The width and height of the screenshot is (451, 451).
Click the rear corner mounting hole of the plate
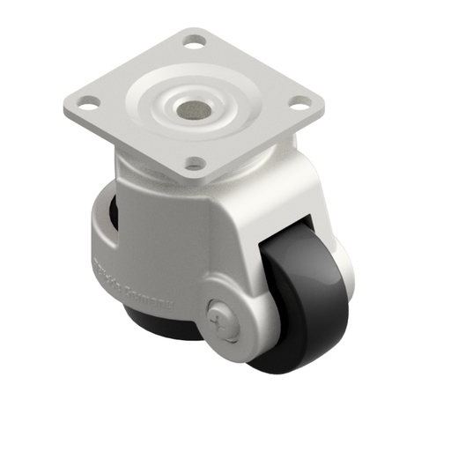(x=192, y=40)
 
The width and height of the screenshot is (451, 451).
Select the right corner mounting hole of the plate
(x=299, y=105)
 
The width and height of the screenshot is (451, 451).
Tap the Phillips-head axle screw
(x=225, y=321)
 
